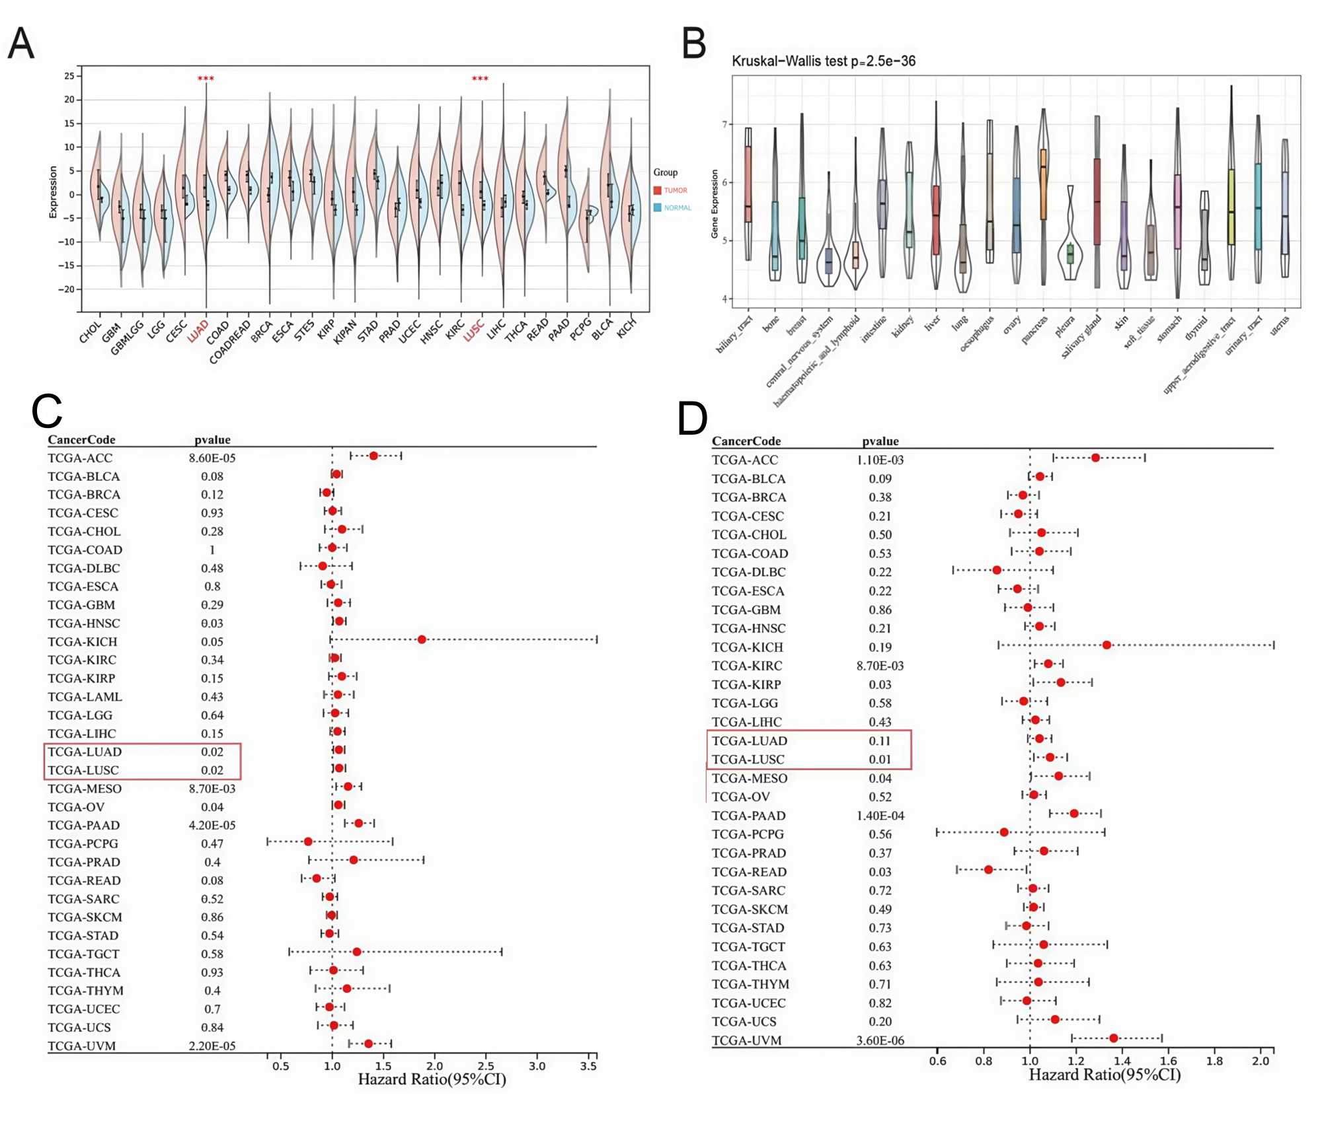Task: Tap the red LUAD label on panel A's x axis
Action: point(198,331)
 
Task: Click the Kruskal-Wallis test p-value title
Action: point(823,61)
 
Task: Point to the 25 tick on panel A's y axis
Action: point(69,76)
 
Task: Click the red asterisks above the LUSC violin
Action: point(480,79)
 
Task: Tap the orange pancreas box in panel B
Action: point(1043,184)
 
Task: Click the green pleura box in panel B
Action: point(1070,253)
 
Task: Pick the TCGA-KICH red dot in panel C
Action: point(422,639)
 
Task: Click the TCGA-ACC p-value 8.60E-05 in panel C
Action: point(212,458)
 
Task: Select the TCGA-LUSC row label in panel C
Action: point(83,770)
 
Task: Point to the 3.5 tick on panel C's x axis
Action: point(588,1065)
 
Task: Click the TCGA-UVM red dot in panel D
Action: point(1113,1038)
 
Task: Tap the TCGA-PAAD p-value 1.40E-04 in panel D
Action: point(880,816)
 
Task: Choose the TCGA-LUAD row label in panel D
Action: point(750,740)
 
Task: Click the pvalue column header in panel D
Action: point(880,441)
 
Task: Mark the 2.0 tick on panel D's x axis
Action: point(1261,1061)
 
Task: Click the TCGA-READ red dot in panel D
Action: point(988,870)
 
